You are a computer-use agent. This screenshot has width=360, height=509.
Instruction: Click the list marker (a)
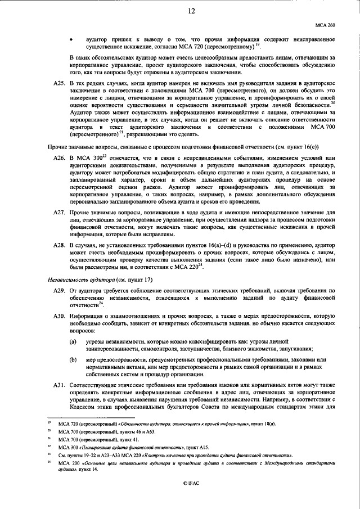(x=73, y=341)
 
